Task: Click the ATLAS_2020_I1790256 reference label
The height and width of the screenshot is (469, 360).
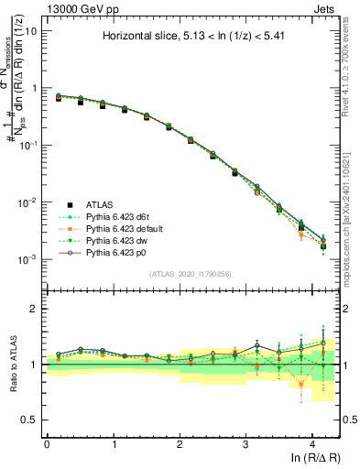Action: pyautogui.click(x=192, y=274)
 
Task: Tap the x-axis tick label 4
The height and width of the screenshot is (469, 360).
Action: pyautogui.click(x=312, y=443)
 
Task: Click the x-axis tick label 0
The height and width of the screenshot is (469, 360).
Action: pyautogui.click(x=47, y=443)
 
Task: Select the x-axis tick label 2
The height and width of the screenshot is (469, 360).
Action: pyautogui.click(x=180, y=443)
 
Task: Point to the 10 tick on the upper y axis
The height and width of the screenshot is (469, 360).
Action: pyautogui.click(x=32, y=30)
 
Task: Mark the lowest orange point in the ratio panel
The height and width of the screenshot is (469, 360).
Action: pyautogui.click(x=301, y=385)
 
